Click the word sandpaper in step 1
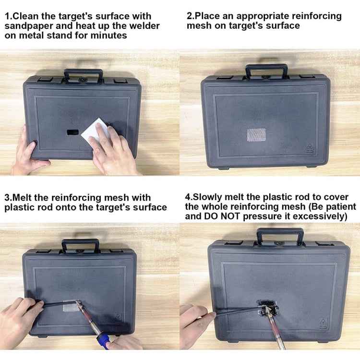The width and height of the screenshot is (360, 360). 28,25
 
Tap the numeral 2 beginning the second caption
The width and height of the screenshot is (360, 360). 189,16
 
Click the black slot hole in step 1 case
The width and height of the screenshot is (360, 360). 72,132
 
